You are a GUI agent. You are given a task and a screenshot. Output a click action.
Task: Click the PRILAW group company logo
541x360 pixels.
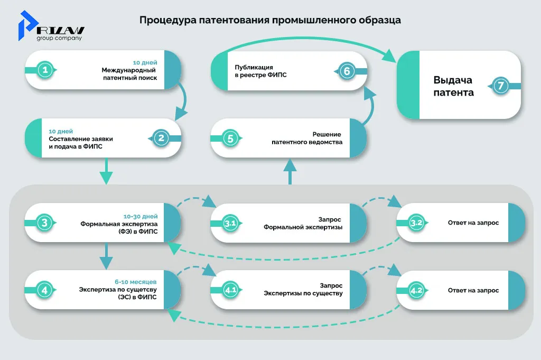tap(51, 27)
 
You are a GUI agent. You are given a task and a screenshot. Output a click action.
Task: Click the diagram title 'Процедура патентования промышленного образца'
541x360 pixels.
tap(270, 21)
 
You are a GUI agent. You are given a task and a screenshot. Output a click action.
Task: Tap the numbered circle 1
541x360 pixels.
tap(46, 70)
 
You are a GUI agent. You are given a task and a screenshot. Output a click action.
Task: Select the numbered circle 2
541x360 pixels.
tap(161, 138)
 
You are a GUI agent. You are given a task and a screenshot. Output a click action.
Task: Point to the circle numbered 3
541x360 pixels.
tap(46, 223)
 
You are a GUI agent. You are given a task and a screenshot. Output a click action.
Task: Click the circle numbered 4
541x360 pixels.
tap(46, 290)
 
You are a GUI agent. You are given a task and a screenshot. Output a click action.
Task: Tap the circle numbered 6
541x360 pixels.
tap(346, 71)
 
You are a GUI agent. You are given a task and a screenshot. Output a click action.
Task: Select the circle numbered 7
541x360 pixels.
tap(501, 86)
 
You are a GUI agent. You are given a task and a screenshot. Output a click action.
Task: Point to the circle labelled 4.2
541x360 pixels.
tap(416, 290)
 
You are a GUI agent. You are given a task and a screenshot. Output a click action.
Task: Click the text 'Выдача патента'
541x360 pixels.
tap(453, 86)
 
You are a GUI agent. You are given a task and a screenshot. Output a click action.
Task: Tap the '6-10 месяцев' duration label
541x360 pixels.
tap(139, 281)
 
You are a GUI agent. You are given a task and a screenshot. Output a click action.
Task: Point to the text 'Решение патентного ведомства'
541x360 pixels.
tap(307, 139)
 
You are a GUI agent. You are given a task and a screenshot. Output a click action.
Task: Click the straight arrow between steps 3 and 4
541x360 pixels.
tap(106, 256)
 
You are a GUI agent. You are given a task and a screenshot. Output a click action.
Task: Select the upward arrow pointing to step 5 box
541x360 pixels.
tap(290, 172)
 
